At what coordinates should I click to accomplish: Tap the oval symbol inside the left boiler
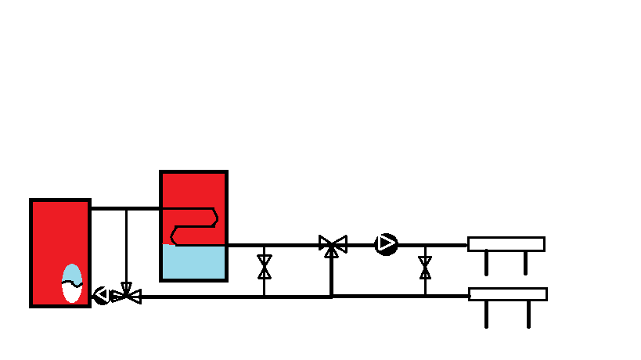72,283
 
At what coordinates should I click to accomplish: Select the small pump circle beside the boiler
102,295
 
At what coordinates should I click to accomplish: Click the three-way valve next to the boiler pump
126,296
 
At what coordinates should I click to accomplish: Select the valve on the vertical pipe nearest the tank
265,267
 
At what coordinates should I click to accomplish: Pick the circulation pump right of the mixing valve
386,245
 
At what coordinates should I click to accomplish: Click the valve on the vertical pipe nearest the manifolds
425,268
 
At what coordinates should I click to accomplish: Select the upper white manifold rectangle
506,243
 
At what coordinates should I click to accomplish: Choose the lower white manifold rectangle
507,294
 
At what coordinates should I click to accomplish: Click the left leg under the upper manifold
487,262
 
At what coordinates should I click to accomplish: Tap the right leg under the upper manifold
526,262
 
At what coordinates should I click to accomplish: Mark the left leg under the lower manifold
487,314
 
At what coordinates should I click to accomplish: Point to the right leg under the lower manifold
528,314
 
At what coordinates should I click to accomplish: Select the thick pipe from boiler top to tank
125,208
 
